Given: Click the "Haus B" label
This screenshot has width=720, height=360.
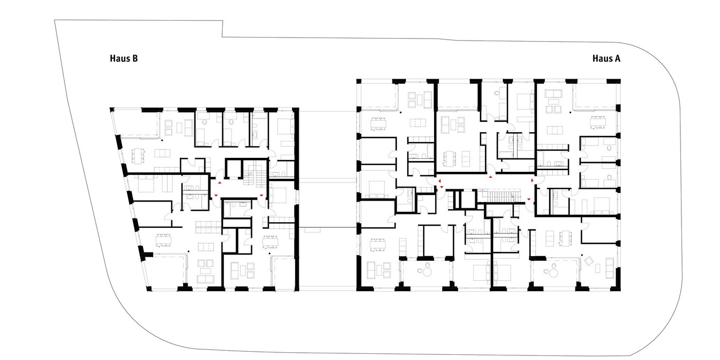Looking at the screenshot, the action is pyautogui.click(x=124, y=59).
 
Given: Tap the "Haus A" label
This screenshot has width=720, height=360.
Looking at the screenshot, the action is pyautogui.click(x=606, y=59).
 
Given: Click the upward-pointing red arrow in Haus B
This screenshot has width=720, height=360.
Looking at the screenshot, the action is pyautogui.click(x=220, y=183).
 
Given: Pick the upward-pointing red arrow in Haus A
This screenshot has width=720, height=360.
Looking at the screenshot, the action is pyautogui.click(x=491, y=177).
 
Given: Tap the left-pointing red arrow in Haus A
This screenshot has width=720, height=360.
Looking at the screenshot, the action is pyautogui.click(x=439, y=181).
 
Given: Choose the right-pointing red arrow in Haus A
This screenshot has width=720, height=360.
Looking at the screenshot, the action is pyautogui.click(x=532, y=181).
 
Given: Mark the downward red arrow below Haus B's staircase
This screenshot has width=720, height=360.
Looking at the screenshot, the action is pyautogui.click(x=261, y=195).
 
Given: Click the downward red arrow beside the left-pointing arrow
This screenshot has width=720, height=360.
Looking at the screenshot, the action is pyautogui.click(x=442, y=187).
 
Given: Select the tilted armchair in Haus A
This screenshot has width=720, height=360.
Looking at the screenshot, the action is pyautogui.click(x=589, y=261).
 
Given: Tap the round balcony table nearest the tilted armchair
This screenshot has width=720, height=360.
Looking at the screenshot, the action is pyautogui.click(x=553, y=273).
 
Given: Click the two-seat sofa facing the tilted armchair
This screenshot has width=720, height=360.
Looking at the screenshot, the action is pyautogui.click(x=609, y=268).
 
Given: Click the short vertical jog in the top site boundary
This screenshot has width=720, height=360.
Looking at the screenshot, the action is pyautogui.click(x=222, y=29).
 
